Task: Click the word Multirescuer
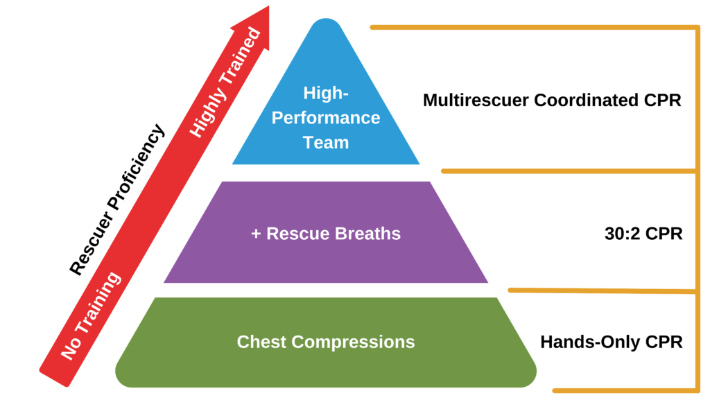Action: (476, 100)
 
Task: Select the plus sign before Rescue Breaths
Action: (256, 234)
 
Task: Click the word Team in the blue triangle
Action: (326, 143)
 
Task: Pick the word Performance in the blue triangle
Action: (326, 118)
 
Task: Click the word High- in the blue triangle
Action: (326, 93)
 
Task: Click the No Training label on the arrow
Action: (91, 315)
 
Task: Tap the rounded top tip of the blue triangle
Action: (326, 24)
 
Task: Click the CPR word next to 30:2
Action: (664, 234)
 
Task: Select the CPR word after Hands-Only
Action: (666, 342)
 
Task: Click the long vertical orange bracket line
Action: (696, 208)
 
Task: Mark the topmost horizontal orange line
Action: (534, 27)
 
